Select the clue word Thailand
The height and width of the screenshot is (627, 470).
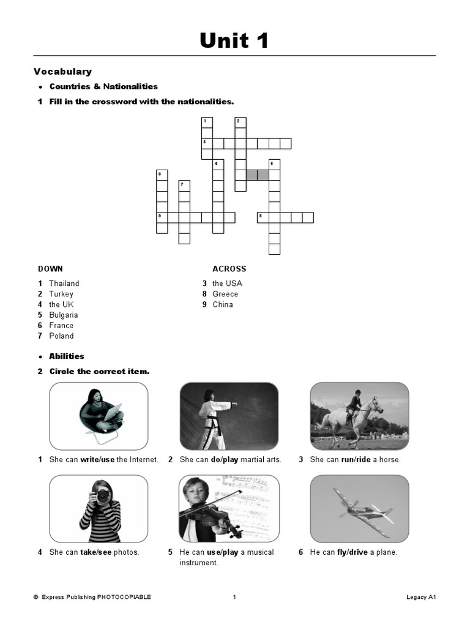point(64,283)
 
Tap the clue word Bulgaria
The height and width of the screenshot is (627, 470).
point(64,315)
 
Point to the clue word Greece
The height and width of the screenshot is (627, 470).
point(225,294)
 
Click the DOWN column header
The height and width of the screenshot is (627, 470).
point(50,269)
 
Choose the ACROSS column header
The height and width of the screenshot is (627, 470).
point(229,269)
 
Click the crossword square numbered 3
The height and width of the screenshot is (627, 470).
point(207,144)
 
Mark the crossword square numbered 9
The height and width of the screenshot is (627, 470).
point(162,217)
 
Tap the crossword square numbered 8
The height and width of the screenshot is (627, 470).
point(263,217)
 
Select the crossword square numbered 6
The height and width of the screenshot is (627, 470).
point(162,175)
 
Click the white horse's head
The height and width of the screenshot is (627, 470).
point(375,405)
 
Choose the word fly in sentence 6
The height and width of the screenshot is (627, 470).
point(342,552)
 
